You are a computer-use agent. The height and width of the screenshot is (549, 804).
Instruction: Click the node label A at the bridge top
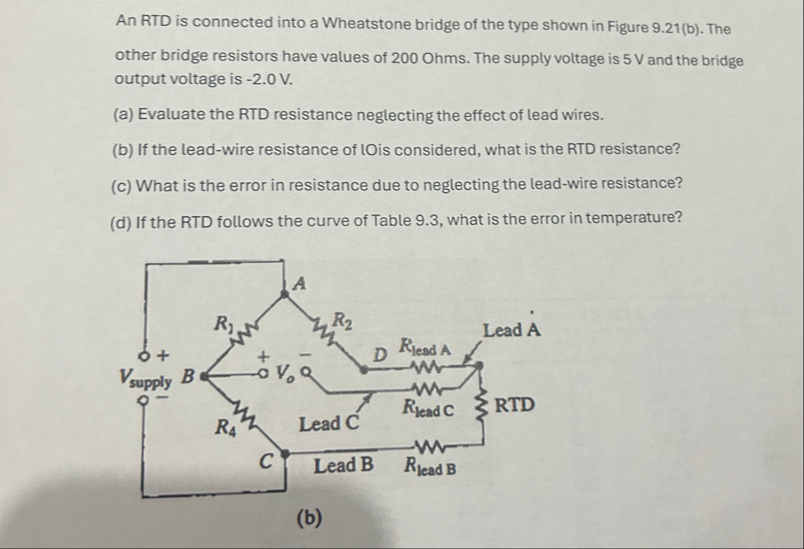(301, 282)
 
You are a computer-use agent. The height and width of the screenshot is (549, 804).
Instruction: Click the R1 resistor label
(222, 325)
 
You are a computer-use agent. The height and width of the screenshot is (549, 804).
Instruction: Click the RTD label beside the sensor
(514, 405)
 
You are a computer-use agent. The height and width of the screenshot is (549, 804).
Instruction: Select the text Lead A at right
(511, 329)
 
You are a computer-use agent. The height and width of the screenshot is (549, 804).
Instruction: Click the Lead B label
(343, 466)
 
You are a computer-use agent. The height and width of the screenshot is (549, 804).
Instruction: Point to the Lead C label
(329, 423)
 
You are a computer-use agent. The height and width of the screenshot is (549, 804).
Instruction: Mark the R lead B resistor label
(429, 467)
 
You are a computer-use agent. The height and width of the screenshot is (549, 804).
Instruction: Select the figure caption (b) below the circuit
(309, 517)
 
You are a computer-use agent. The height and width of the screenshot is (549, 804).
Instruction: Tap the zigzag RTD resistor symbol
(483, 406)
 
